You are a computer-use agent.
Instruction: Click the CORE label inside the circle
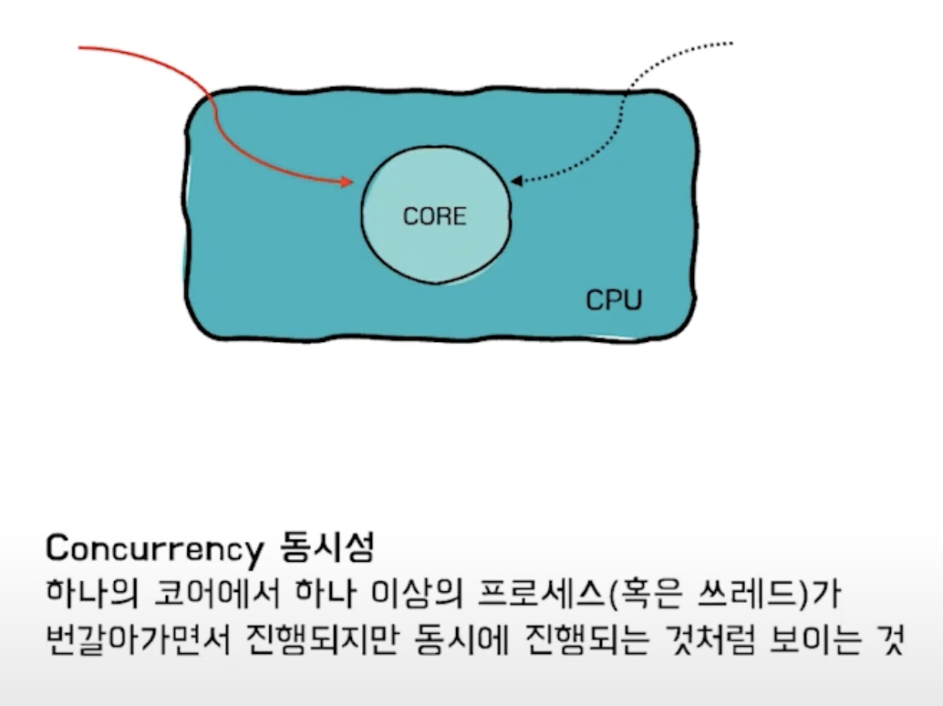click(434, 217)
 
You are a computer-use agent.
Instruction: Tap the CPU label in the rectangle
click(613, 300)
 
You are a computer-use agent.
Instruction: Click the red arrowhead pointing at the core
click(347, 182)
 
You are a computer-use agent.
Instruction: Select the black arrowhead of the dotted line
click(516, 181)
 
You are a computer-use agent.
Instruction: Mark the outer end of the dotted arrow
click(731, 42)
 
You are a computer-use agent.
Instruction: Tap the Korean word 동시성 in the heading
click(323, 549)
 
